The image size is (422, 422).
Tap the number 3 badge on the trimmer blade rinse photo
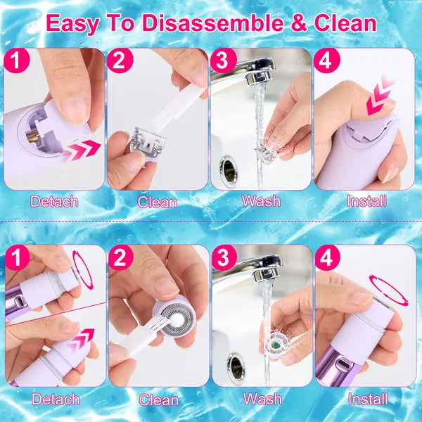222,60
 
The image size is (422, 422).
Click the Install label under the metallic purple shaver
367,399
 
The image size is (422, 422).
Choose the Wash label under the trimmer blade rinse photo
261,200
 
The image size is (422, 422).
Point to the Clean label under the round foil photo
158,399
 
